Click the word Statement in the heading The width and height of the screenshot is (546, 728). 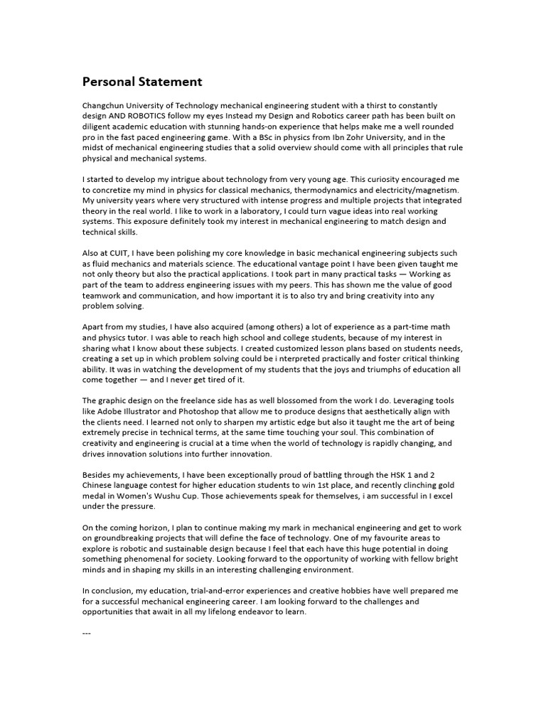click(x=168, y=82)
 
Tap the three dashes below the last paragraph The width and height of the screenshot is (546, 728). click(x=87, y=631)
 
